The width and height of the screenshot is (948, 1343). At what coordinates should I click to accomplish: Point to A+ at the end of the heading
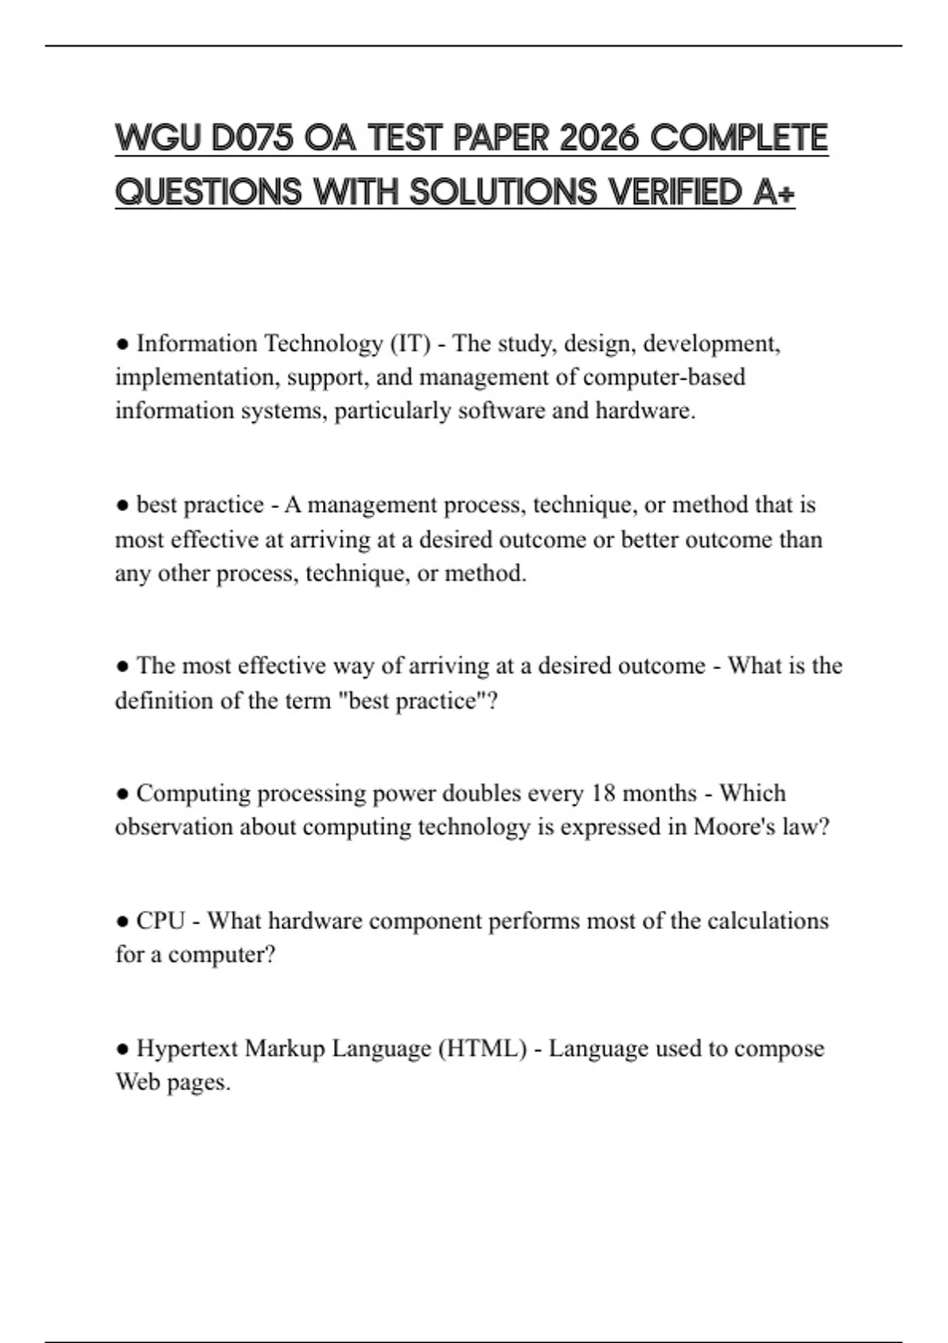(774, 191)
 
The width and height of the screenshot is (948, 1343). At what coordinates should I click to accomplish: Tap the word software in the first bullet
(501, 411)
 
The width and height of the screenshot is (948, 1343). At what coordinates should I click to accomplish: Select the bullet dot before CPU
(122, 922)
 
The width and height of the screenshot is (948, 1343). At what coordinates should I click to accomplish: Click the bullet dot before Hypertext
(122, 1050)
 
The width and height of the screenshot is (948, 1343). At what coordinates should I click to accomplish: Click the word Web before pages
(137, 1082)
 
